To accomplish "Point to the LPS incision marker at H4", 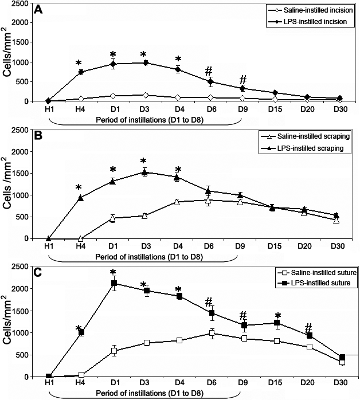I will tap(81, 72).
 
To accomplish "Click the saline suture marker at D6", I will tap(212, 333).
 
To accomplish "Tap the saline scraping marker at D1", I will tap(113, 218).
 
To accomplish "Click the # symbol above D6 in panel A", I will tap(210, 70).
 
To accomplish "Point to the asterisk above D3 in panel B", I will tap(145, 160).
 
